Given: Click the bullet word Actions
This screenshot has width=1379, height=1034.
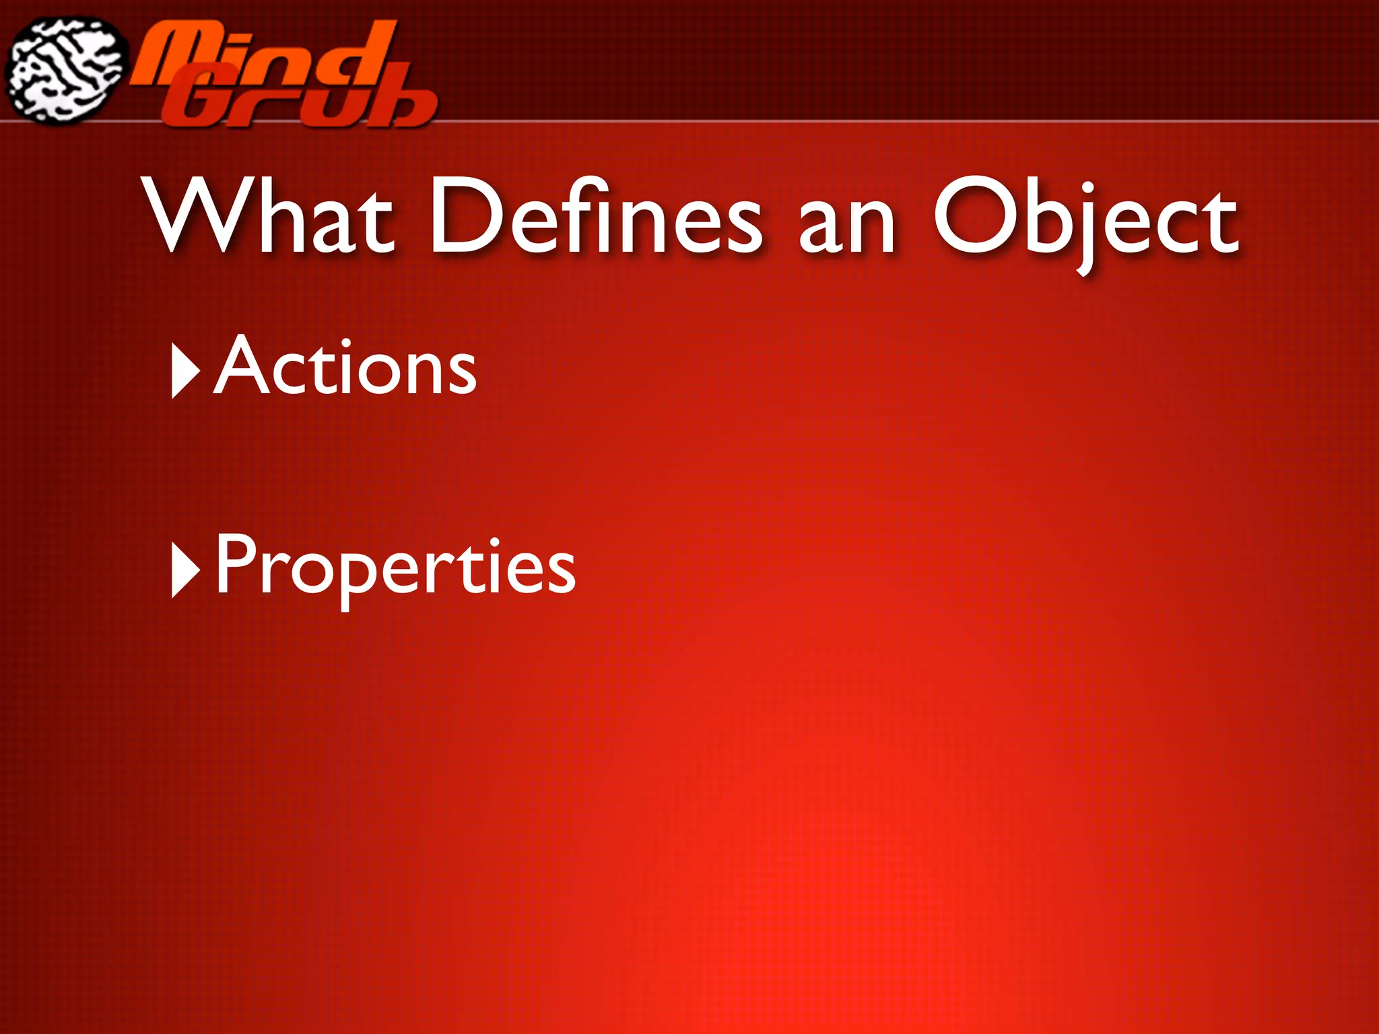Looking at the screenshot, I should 345,366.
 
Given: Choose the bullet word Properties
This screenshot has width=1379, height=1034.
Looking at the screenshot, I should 395,565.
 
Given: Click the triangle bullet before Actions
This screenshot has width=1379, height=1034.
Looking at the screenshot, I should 185,370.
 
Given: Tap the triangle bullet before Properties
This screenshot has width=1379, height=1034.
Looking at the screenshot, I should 185,570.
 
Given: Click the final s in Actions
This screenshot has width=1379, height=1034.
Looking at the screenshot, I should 461,374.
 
